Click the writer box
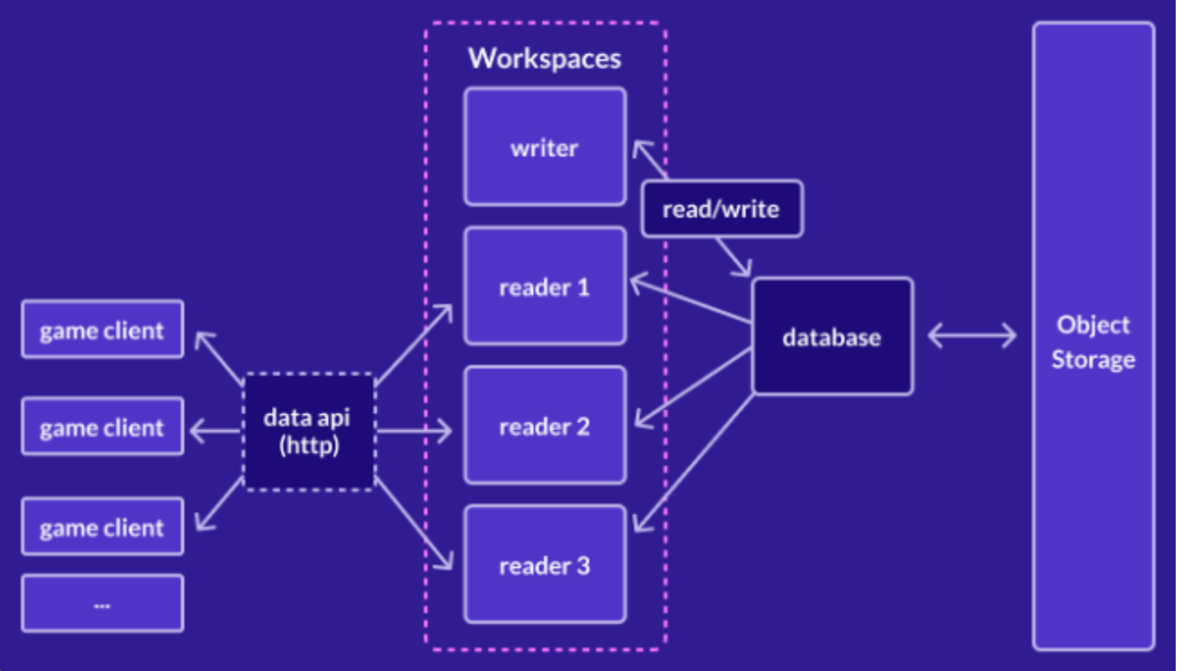click(544, 147)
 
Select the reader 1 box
click(544, 286)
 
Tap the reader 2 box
click(544, 425)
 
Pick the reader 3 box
click(544, 565)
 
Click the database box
click(832, 336)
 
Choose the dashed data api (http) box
click(309, 431)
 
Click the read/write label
click(721, 209)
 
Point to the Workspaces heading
click(544, 58)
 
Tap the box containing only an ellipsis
click(103, 604)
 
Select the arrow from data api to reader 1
click(414, 344)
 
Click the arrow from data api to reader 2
click(414, 432)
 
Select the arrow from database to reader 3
click(693, 463)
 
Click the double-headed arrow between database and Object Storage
click(972, 336)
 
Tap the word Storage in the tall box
click(1093, 360)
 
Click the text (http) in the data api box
click(309, 444)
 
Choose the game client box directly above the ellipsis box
click(103, 526)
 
